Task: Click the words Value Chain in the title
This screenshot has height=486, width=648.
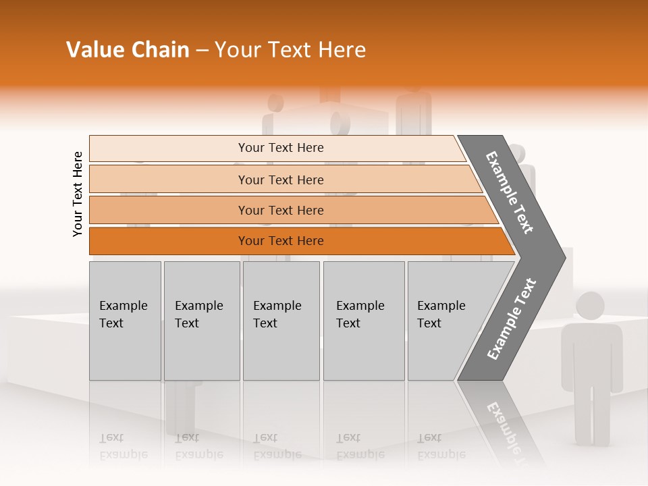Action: (x=128, y=50)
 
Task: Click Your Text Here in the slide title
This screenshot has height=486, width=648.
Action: (x=290, y=50)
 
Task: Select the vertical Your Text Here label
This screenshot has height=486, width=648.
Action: (x=78, y=194)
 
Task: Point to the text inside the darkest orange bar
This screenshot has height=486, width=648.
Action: (x=281, y=241)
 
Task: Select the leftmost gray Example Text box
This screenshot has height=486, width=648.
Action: (x=125, y=321)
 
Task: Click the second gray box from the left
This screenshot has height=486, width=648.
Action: (x=201, y=321)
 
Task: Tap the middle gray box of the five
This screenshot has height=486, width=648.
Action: (x=281, y=321)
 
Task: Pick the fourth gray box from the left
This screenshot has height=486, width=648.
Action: (x=363, y=321)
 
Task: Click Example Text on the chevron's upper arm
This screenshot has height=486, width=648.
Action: (x=510, y=192)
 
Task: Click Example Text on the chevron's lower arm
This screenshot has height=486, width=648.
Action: (x=512, y=319)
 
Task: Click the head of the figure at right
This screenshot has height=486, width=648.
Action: (x=590, y=306)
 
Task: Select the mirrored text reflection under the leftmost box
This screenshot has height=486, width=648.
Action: (x=123, y=447)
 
